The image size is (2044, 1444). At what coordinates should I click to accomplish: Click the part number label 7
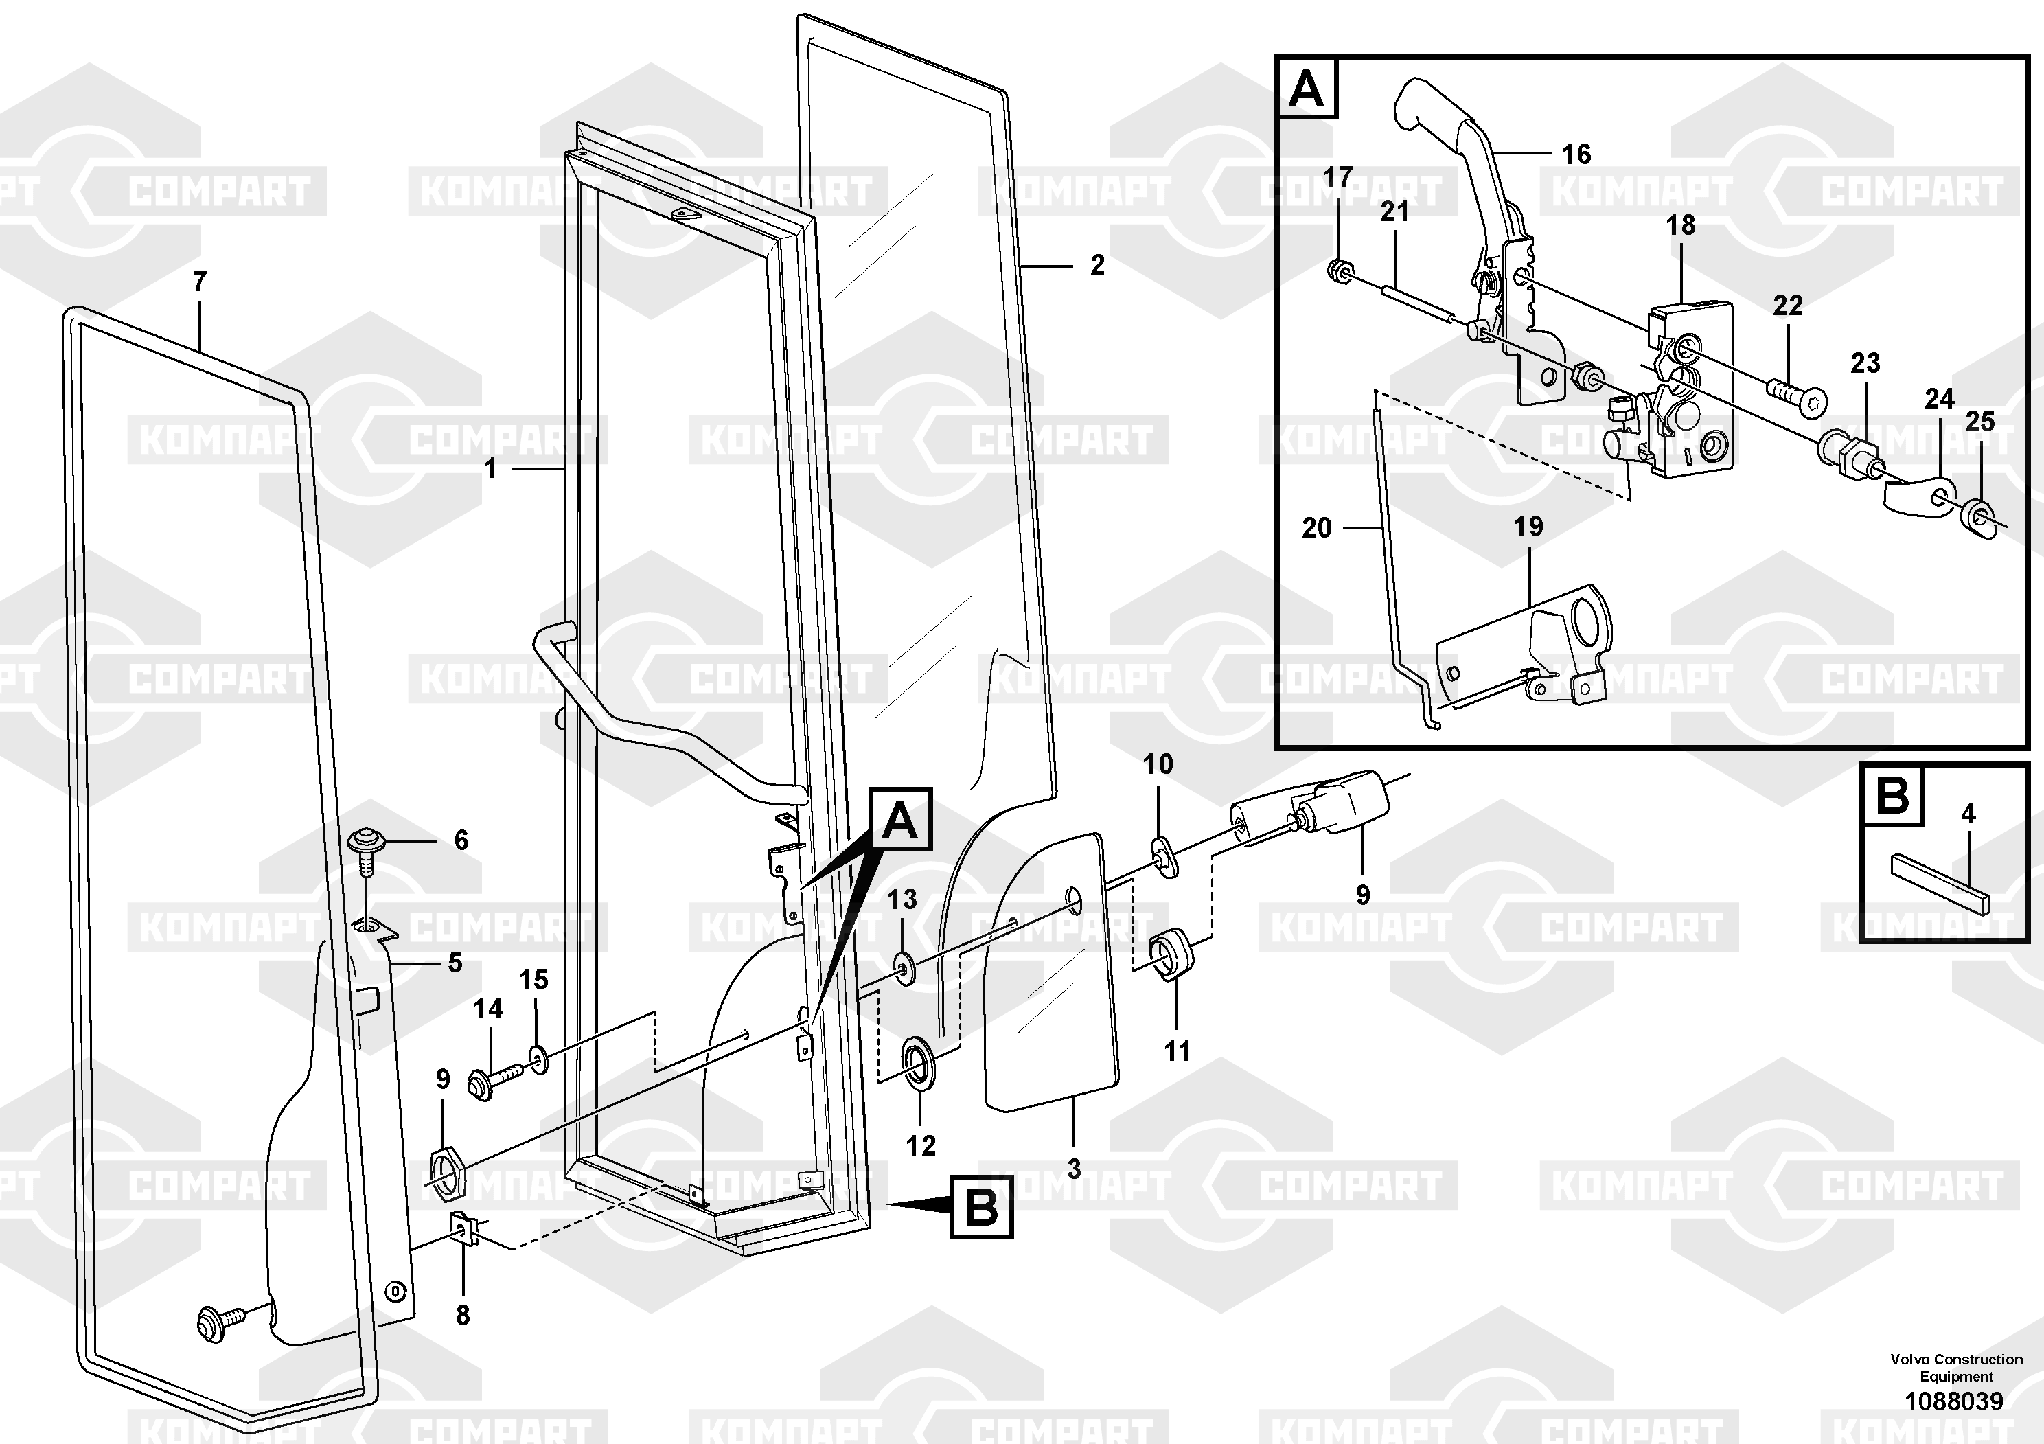[199, 282]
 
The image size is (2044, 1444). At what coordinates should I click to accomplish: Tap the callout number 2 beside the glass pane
[1098, 264]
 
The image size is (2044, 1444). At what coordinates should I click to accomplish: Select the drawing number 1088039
[1954, 1401]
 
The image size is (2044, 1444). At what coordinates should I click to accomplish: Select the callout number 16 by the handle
[1576, 155]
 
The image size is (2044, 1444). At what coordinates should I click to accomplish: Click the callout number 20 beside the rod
[1317, 528]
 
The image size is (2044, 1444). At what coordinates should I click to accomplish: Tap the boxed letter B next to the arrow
[981, 1207]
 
